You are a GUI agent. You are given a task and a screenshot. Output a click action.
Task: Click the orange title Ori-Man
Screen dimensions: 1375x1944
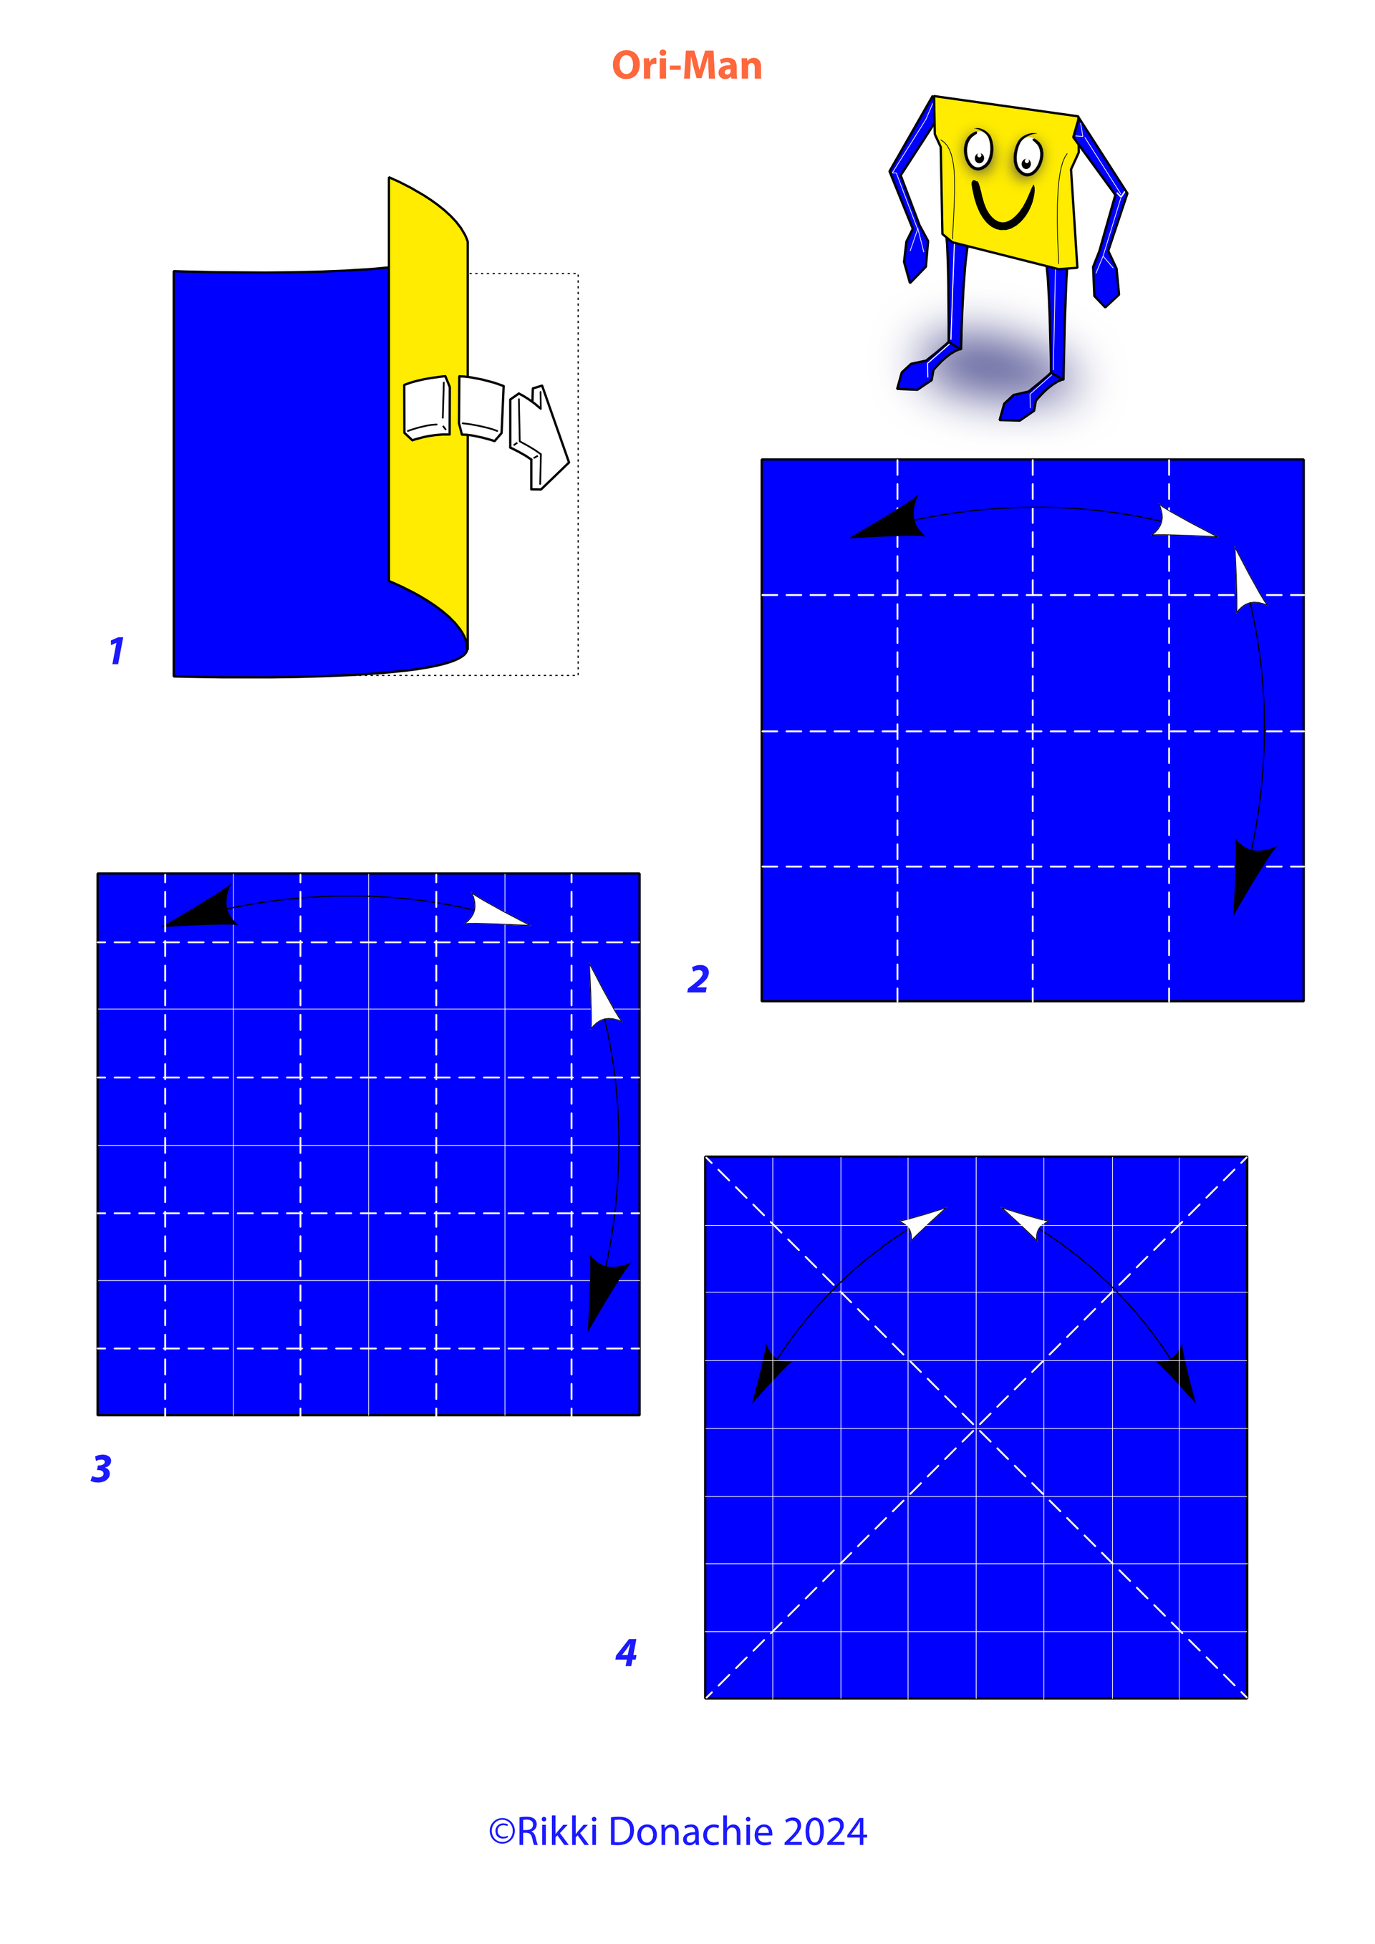click(687, 66)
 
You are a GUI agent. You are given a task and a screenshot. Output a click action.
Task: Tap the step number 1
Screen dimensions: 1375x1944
click(117, 650)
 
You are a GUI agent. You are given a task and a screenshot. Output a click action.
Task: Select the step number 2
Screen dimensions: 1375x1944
click(698, 979)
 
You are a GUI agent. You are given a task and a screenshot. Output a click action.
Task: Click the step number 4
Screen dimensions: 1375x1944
click(627, 1652)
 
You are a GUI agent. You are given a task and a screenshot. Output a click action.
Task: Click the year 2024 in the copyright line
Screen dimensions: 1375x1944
click(826, 1832)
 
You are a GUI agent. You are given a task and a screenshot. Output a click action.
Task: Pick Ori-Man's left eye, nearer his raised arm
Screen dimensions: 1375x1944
click(979, 150)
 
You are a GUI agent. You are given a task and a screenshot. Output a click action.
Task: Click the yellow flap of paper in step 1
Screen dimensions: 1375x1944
click(428, 407)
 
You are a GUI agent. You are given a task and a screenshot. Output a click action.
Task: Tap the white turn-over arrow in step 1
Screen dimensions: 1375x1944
click(539, 437)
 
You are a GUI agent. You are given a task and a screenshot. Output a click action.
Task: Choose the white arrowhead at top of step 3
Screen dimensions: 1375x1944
click(496, 910)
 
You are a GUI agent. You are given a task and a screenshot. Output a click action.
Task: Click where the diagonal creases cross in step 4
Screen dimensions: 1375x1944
click(976, 1428)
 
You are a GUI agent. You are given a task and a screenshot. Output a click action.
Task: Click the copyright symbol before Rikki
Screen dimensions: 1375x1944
click(501, 1832)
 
